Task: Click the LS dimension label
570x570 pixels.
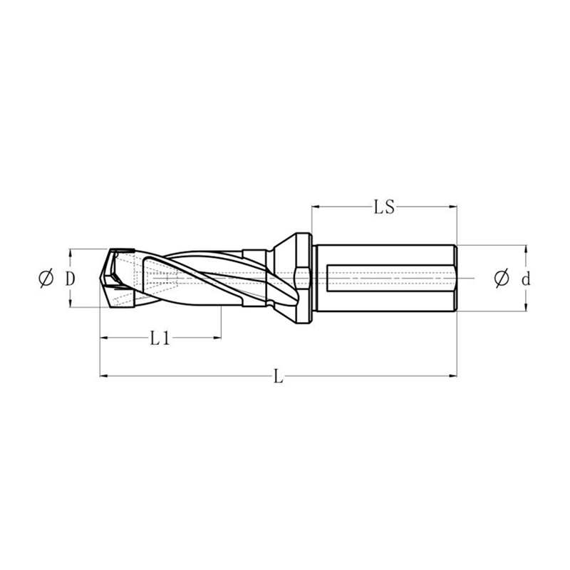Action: (385, 208)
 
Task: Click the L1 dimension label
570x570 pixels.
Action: (160, 338)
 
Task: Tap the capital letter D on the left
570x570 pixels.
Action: (70, 279)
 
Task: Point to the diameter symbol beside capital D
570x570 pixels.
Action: (46, 279)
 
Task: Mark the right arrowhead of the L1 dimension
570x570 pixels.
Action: (219, 338)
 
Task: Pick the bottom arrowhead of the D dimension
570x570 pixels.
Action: (70, 304)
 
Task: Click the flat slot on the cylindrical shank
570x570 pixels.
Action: (388, 278)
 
